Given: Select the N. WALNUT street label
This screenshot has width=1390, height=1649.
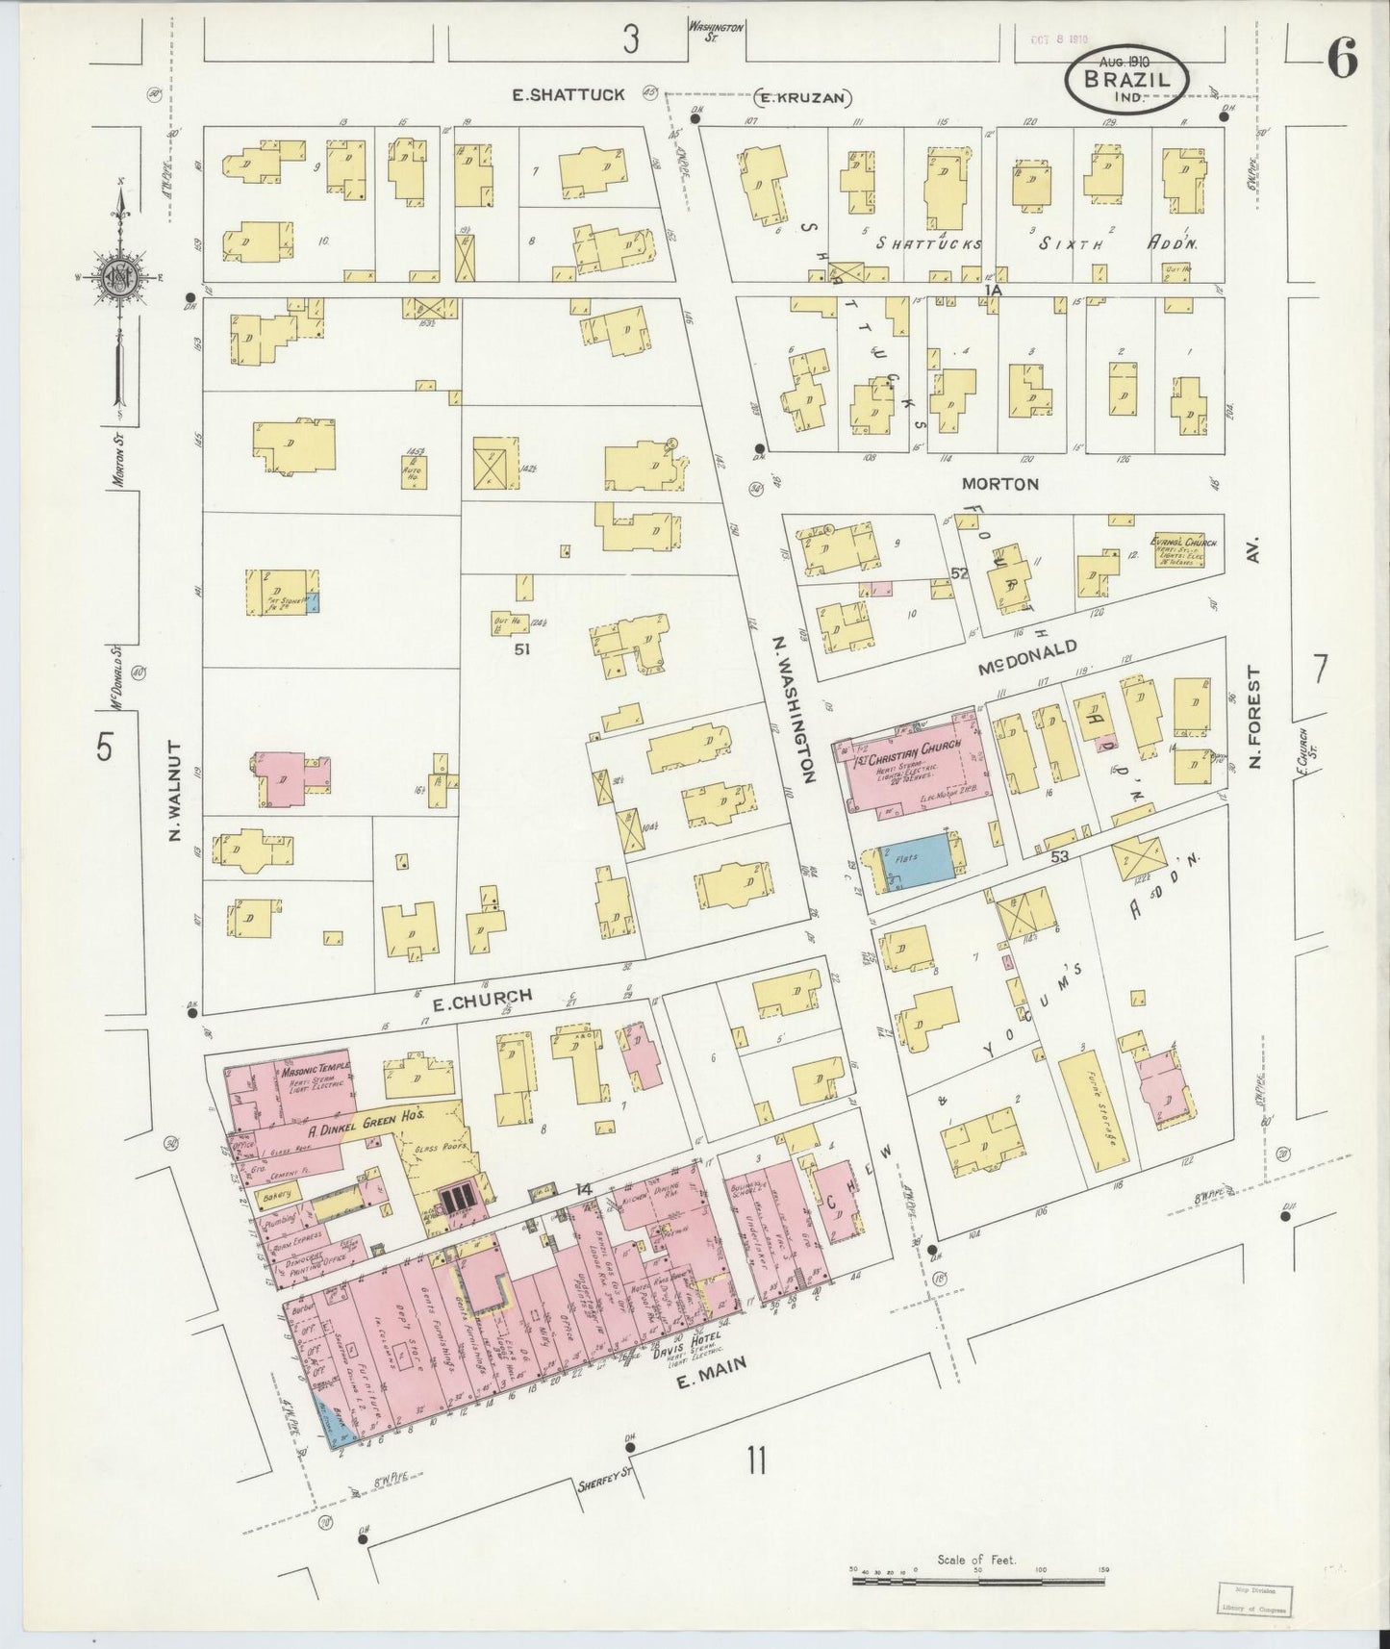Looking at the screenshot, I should click(x=174, y=791).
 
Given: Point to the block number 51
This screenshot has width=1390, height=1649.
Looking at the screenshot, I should click(x=522, y=648).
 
